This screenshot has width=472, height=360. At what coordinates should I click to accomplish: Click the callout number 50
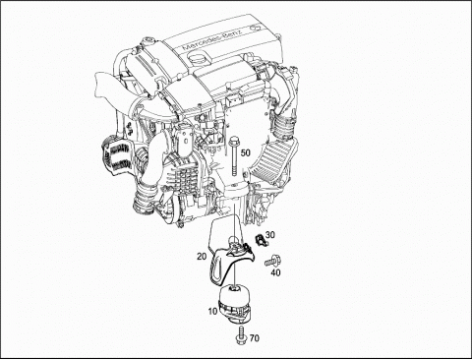pos(246,152)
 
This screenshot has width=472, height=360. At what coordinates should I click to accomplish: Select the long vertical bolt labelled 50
pos(234,157)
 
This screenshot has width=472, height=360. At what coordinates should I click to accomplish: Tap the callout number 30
pos(270,235)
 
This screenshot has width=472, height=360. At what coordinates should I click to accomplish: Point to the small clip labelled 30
pos(261,240)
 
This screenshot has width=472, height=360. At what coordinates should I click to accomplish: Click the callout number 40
pos(275,272)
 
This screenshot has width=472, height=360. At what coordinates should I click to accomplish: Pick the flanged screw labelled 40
pos(272,262)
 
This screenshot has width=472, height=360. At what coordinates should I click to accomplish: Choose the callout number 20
pos(202,256)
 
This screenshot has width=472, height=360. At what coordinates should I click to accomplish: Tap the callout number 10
pos(212,311)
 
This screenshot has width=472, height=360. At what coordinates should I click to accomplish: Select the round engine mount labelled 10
pos(234,305)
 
